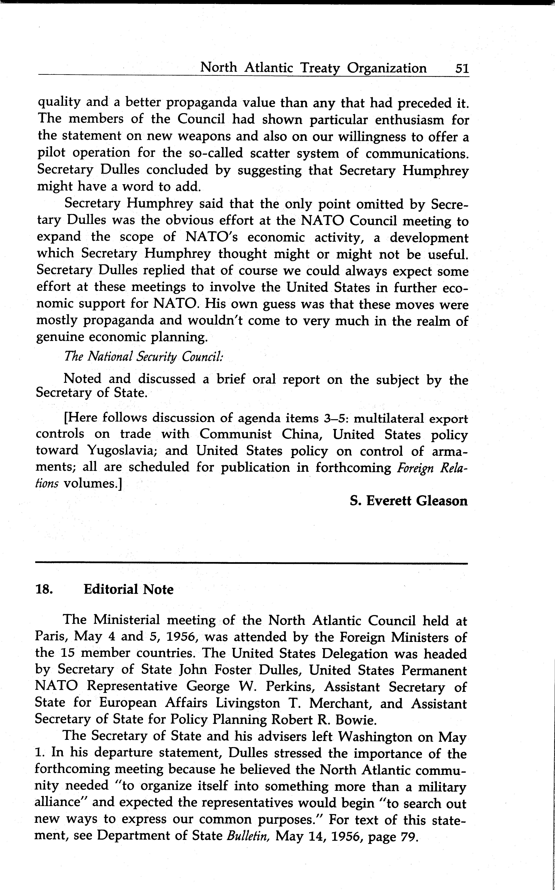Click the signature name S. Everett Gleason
409,501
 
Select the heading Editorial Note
129,589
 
